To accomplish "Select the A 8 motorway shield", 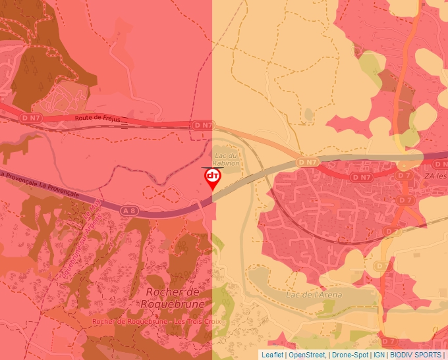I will (x=129, y=210).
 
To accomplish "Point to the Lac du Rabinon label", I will (x=227, y=159).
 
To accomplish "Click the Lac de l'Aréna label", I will (x=314, y=295).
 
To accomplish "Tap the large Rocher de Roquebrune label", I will (x=173, y=297).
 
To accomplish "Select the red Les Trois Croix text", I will (x=198, y=322).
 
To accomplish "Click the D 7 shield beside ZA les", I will (x=405, y=176).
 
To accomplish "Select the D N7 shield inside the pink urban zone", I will (x=361, y=177).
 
